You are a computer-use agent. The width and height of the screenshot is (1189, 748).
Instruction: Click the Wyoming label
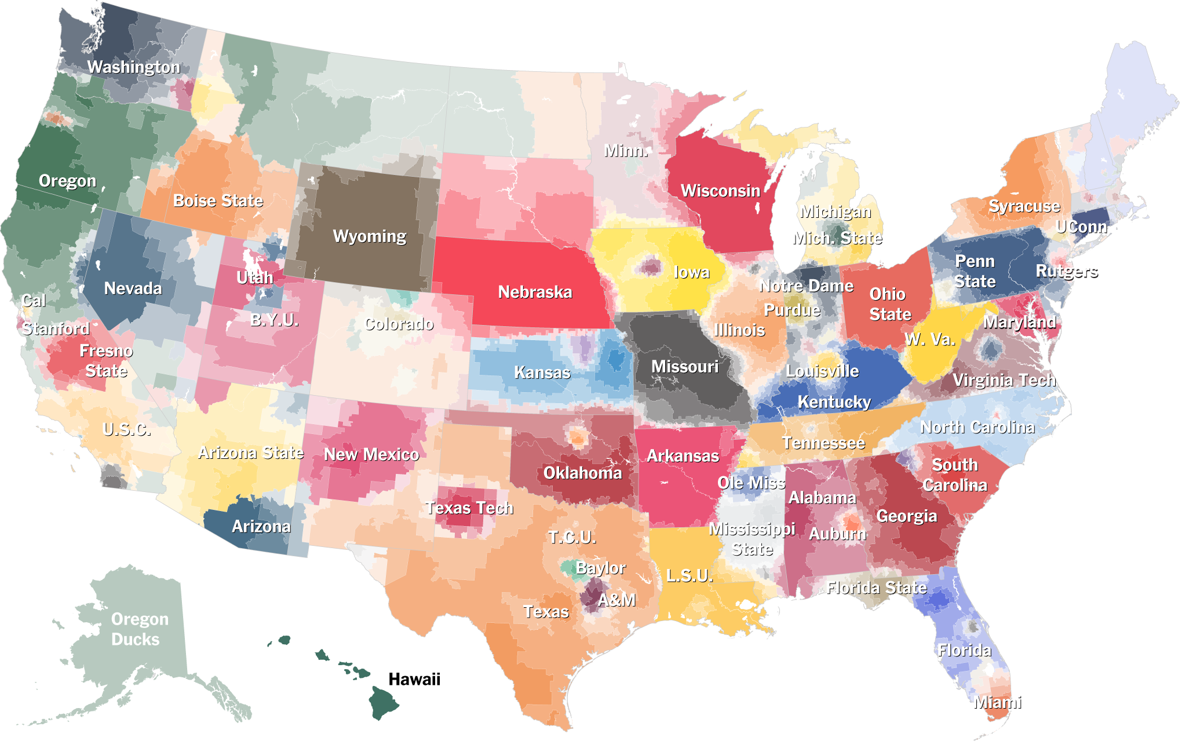click(x=369, y=236)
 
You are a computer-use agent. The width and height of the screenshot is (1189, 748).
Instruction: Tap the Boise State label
click(x=218, y=200)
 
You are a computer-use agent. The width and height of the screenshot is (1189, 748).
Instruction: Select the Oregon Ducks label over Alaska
click(x=139, y=629)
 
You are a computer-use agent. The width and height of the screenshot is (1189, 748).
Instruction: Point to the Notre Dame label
click(x=806, y=286)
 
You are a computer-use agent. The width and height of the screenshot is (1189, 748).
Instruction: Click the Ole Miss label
click(x=750, y=483)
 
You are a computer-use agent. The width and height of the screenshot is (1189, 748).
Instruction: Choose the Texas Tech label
click(x=469, y=508)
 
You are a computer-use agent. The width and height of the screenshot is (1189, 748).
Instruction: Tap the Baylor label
click(x=600, y=568)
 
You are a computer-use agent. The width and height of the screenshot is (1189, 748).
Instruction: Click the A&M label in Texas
click(x=616, y=600)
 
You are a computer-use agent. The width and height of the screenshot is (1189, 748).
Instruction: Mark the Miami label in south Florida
click(x=997, y=702)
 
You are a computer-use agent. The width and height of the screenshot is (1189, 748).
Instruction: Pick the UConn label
click(x=1080, y=227)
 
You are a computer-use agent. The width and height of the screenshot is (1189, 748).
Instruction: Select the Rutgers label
click(x=1066, y=271)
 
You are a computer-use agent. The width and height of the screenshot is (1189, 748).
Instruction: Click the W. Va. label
click(x=929, y=339)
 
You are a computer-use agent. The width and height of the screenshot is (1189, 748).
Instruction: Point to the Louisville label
click(x=822, y=371)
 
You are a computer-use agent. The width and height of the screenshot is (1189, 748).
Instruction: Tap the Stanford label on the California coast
click(x=55, y=329)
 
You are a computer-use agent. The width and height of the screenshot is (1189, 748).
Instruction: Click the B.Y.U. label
click(x=273, y=320)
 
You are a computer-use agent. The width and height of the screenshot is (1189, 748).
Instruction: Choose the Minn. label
click(x=625, y=151)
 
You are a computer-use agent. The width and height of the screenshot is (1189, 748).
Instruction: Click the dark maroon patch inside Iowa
click(x=648, y=267)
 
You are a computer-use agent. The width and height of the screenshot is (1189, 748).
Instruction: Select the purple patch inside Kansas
click(x=582, y=348)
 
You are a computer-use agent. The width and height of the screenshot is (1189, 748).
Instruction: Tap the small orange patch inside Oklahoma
click(x=578, y=436)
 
